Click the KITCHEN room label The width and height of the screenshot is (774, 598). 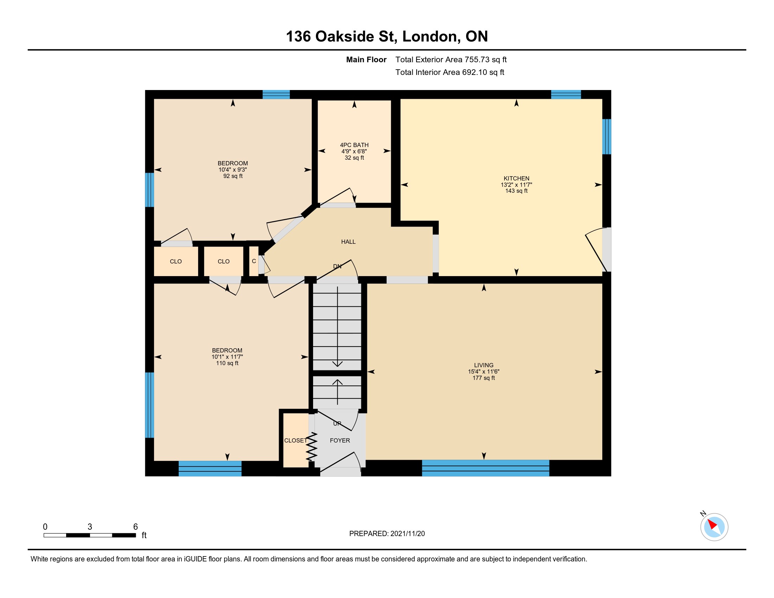click(516, 179)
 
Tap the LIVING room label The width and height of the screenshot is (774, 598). click(484, 365)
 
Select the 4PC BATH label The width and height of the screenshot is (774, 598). click(354, 145)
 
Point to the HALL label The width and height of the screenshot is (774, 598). click(348, 242)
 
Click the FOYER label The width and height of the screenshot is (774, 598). click(340, 440)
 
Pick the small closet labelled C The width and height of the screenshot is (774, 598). click(254, 261)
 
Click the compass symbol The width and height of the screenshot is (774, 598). click(714, 527)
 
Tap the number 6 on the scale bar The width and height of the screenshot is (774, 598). click(135, 527)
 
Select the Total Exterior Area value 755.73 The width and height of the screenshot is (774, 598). click(477, 59)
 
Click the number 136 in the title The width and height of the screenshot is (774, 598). click(298, 37)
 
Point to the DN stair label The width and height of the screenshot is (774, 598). click(337, 266)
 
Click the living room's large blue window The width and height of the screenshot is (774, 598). click(486, 468)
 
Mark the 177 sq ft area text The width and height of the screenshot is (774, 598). click(484, 378)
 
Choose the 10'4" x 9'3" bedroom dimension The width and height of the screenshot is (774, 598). click(233, 170)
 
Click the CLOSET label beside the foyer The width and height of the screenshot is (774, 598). click(295, 440)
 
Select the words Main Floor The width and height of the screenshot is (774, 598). click(366, 59)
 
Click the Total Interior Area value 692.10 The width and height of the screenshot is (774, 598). click(475, 72)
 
